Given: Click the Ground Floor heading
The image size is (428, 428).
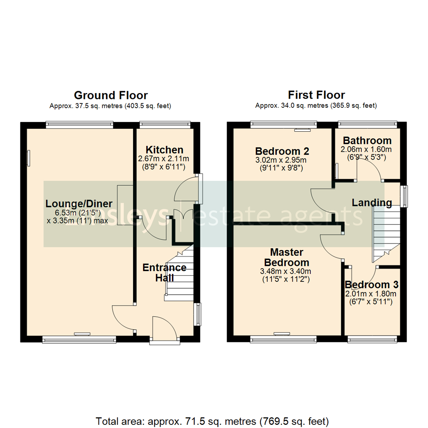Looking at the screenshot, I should coord(111,96).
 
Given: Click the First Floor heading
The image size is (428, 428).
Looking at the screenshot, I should coord(316,96).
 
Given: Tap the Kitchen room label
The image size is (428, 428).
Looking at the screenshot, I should coord(164,150).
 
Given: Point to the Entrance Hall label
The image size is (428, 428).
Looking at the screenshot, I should coord(164,273).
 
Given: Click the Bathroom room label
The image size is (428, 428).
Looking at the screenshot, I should coord(367,140).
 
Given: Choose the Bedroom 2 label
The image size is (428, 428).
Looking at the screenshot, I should coord(282,151).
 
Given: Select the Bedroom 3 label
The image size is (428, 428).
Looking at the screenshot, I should coord(371,285).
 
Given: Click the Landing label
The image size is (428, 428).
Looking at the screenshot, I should coord(372,203).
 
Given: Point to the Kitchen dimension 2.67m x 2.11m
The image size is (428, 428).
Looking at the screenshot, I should coord(163,159).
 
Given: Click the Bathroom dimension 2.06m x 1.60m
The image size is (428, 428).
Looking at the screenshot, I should coord(366,149).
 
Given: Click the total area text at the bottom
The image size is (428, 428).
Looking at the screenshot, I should coord(212,420).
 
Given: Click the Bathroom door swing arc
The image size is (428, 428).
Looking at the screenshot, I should coord(369,170).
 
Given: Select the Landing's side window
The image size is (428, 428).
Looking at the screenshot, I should coord(404,196).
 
